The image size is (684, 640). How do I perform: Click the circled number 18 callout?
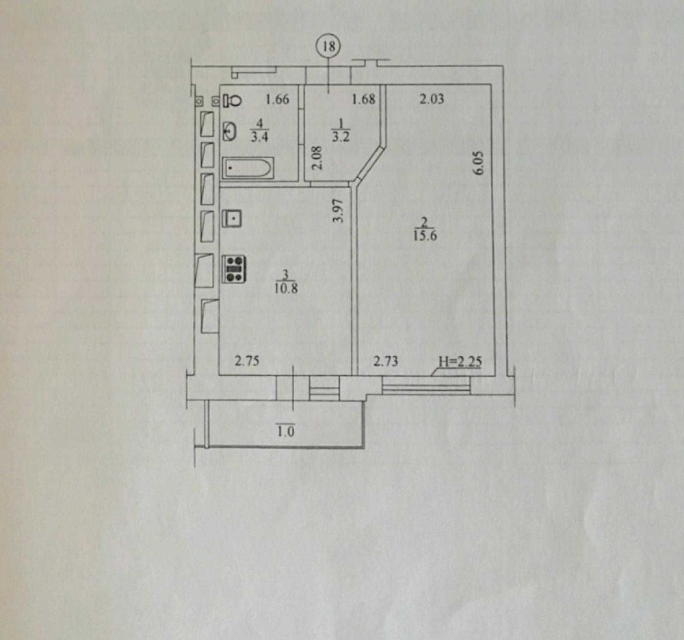[329, 47]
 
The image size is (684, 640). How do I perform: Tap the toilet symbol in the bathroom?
[232, 100]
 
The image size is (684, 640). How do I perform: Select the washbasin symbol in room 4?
[231, 131]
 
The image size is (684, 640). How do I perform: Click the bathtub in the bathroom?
[248, 168]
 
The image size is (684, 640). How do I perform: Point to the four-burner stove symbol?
[235, 268]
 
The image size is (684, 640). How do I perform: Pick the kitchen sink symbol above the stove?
[233, 218]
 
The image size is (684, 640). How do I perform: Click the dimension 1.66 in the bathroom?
[278, 99]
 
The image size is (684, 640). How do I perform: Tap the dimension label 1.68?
[363, 99]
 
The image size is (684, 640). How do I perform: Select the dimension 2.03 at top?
[432, 99]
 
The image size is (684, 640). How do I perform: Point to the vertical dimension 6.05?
[479, 164]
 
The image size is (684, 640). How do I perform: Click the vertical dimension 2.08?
[315, 158]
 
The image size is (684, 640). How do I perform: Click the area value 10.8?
[287, 288]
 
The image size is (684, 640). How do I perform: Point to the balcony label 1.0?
[286, 431]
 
